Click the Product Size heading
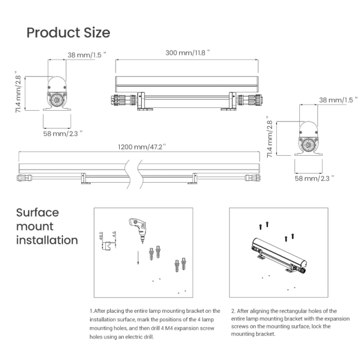tap(69, 33)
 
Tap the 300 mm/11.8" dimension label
tap(187, 52)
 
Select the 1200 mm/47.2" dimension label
tap(142, 147)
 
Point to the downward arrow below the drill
tap(138, 258)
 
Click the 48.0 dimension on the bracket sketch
tap(101, 236)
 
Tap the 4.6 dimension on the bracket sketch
tap(114, 235)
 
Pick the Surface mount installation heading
tap(47, 226)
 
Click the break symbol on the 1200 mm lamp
tap(133, 174)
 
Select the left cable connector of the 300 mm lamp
tap(124, 100)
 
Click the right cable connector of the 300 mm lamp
tap(250, 100)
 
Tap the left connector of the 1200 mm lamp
tap(24, 178)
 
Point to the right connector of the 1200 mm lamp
tap(253, 178)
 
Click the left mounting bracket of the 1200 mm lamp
tap(84, 179)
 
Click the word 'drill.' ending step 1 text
tap(147, 337)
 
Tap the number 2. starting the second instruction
tap(233, 311)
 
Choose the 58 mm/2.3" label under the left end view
tap(62, 133)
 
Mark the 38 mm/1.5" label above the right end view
tap(338, 100)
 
